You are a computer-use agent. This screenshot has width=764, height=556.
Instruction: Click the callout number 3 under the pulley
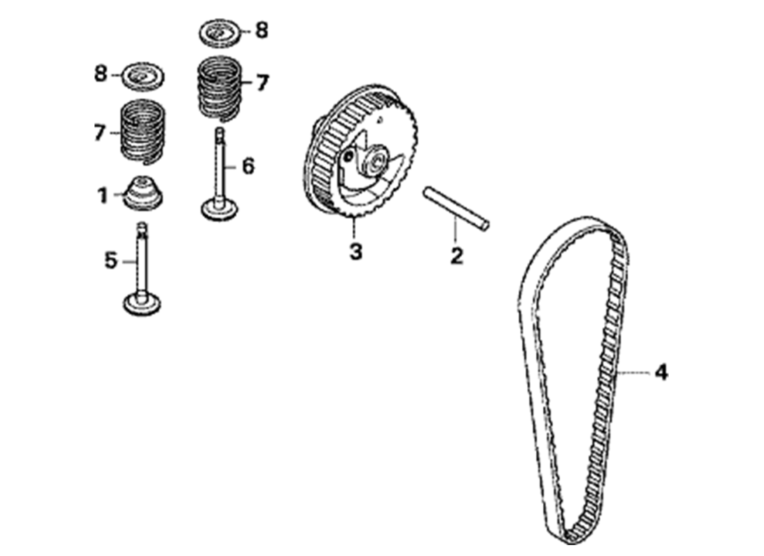[356, 252]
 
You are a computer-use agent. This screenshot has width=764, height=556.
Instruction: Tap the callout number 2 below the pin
[456, 255]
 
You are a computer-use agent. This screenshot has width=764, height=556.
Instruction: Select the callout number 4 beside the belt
[661, 373]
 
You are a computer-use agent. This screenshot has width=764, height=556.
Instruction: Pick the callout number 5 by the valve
[110, 261]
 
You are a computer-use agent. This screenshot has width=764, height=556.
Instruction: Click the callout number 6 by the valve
[249, 166]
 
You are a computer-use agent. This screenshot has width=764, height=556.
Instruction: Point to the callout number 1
[102, 195]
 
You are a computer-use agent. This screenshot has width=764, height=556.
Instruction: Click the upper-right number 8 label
[262, 31]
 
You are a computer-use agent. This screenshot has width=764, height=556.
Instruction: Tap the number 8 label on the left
[101, 74]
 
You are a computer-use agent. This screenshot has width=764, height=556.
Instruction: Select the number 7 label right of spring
[263, 83]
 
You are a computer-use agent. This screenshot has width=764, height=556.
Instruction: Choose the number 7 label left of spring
[100, 132]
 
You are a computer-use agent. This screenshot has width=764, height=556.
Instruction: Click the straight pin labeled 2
[456, 207]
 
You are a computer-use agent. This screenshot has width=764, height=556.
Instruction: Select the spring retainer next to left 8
[143, 76]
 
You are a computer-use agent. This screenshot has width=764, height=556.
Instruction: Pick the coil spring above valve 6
[219, 88]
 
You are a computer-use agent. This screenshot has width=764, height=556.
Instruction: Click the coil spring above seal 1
[142, 130]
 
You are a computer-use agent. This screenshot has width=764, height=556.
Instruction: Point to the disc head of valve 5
[142, 303]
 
